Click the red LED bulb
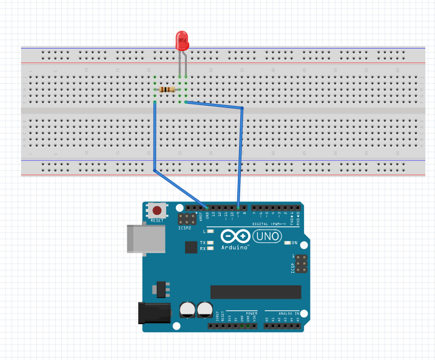(182, 41)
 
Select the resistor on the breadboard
(165, 90)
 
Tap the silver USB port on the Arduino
(146, 238)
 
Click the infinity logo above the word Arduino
(235, 236)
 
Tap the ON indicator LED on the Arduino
(287, 243)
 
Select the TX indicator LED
(211, 243)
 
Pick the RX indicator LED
(211, 248)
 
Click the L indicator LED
(211, 231)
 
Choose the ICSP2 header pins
(186, 219)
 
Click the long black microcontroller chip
(255, 292)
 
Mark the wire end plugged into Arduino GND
(207, 208)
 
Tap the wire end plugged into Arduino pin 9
(238, 208)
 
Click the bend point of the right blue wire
(242, 109)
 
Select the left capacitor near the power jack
(187, 310)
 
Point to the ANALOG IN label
(282, 313)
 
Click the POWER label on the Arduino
(251, 313)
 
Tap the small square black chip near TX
(192, 246)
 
